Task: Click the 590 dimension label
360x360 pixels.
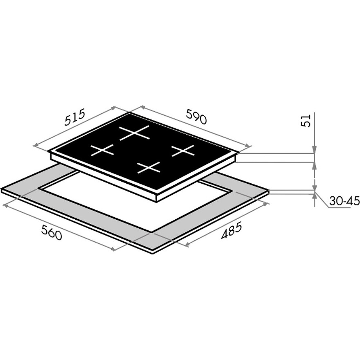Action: tap(196, 117)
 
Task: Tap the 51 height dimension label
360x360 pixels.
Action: tap(306, 120)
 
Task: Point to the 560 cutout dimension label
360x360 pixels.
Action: tap(52, 232)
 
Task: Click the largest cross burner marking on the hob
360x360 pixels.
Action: tap(135, 133)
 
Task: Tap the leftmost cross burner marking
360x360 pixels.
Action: tap(102, 150)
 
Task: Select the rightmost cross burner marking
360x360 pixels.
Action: tap(183, 151)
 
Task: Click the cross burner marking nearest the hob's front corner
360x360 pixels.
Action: tap(148, 168)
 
